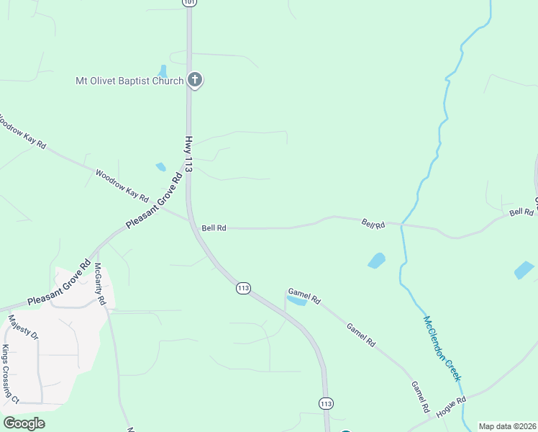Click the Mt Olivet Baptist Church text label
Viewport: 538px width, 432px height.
pyautogui.click(x=129, y=81)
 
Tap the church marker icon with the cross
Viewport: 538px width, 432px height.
pyautogui.click(x=194, y=80)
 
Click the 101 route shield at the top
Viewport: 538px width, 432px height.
pyautogui.click(x=188, y=3)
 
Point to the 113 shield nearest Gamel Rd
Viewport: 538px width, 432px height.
pyautogui.click(x=243, y=288)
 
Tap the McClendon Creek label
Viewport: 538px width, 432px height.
pyautogui.click(x=442, y=348)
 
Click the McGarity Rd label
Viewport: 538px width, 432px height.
pyautogui.click(x=100, y=284)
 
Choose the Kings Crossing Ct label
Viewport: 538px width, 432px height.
pyautogui.click(x=10, y=374)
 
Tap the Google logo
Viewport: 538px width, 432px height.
pyautogui.click(x=24, y=423)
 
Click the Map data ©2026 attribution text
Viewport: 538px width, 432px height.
pyautogui.click(x=506, y=426)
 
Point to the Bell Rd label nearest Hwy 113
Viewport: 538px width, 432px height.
pyautogui.click(x=214, y=228)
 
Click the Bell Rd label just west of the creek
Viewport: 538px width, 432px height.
pyautogui.click(x=373, y=225)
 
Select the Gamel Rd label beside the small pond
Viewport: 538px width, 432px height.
pyautogui.click(x=304, y=293)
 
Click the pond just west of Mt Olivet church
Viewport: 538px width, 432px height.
pyautogui.click(x=163, y=71)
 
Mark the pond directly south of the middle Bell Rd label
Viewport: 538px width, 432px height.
pyautogui.click(x=376, y=260)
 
